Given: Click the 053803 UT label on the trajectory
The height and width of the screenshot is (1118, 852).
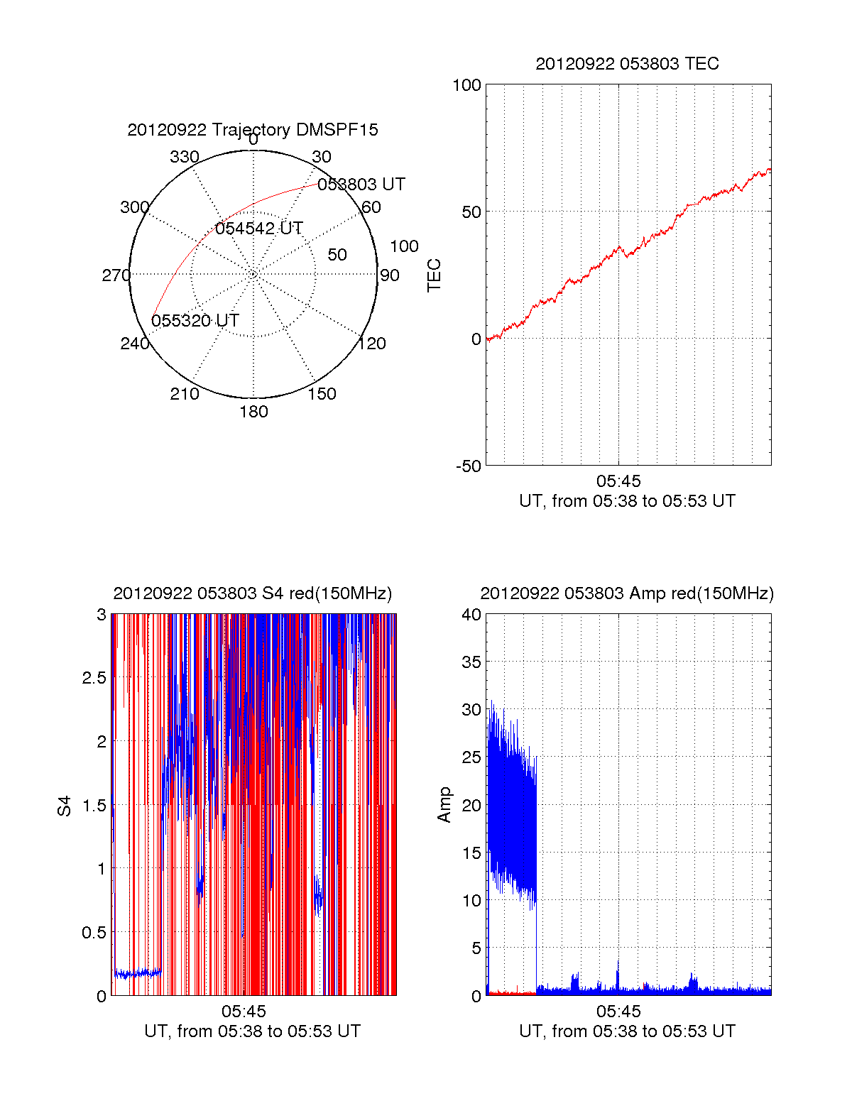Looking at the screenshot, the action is coord(361,185).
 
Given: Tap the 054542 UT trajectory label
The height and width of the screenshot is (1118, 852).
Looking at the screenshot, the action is coord(258,228).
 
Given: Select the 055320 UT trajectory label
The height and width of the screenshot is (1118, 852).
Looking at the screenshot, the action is coord(195,320).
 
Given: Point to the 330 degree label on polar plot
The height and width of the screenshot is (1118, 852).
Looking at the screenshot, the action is coord(185,157).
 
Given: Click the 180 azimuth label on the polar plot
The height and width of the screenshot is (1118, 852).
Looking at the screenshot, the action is coord(253,412).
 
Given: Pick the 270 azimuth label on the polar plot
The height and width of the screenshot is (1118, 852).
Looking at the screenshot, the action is coord(116,275).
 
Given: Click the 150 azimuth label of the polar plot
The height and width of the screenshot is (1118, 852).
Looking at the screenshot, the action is coord(322,394).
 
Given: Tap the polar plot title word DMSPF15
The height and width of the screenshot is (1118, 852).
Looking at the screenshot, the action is coord(337,130).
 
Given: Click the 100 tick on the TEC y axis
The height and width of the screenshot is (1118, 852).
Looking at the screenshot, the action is coord(467,85).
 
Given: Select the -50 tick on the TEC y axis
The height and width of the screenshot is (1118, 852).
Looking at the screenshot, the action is coord(469,466).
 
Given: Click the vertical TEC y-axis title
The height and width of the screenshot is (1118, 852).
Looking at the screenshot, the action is coord(434,275).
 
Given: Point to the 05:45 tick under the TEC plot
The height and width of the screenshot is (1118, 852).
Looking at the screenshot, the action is coord(618,481).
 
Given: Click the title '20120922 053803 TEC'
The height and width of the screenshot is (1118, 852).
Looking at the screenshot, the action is coord(628,64).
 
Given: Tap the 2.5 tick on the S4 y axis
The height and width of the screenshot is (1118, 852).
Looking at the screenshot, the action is coord(94,678).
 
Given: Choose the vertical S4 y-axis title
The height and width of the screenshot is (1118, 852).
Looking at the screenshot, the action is coord(64,806).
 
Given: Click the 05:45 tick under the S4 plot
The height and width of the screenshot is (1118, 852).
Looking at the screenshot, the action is coord(244,1012).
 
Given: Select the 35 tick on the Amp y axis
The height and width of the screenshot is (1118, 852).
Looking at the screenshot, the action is coord(471,662).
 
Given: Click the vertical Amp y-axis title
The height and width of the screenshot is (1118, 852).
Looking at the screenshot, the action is coord(444,805).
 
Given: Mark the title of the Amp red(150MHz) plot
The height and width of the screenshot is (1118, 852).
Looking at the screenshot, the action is coord(628,593).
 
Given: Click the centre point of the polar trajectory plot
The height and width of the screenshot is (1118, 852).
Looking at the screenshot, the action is coord(253,274).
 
